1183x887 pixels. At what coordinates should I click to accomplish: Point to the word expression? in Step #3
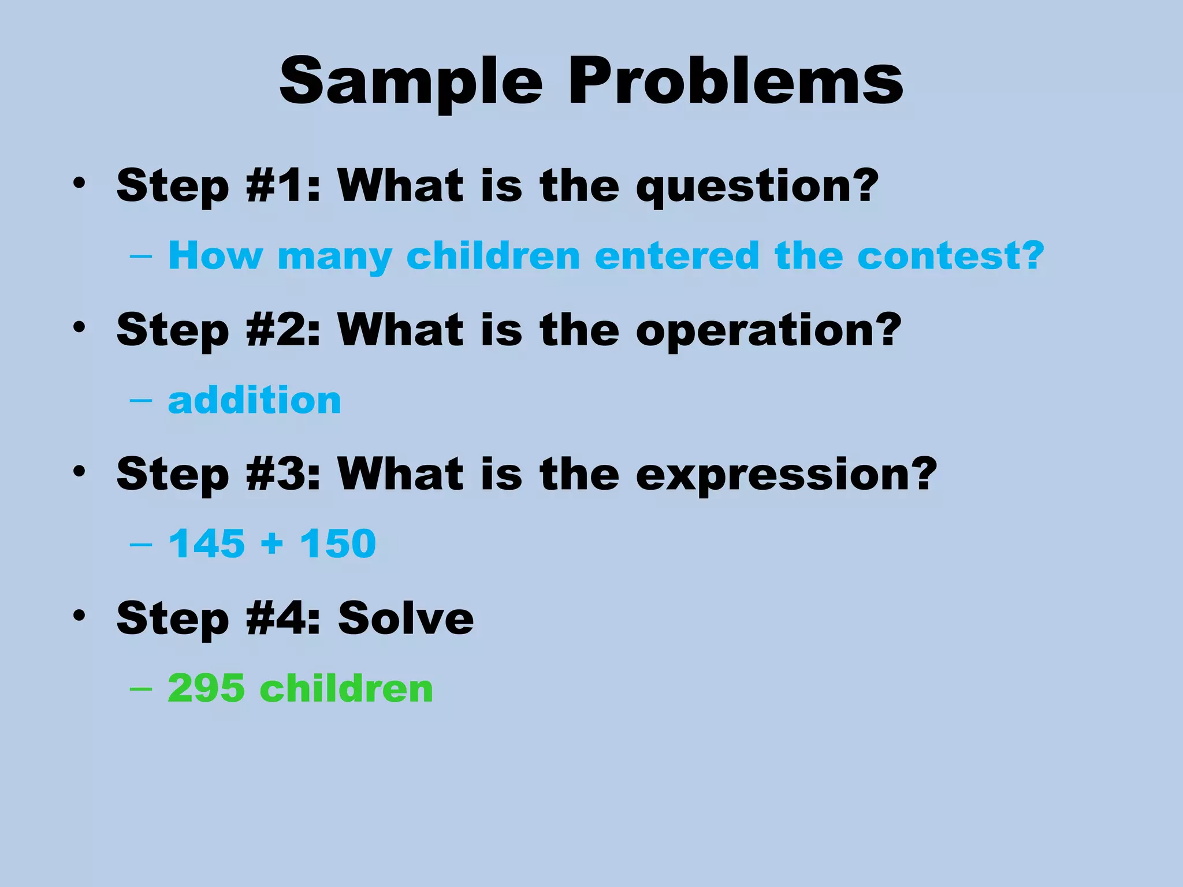coord(786,475)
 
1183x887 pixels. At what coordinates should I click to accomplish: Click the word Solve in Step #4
coord(406,618)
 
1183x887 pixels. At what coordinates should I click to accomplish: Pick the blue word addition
coord(255,400)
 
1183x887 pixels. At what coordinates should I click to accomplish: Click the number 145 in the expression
coord(207,544)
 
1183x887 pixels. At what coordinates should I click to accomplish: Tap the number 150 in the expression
coord(338,544)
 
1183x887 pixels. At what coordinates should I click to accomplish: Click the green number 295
coord(206,688)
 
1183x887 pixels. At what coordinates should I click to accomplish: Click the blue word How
coord(215,255)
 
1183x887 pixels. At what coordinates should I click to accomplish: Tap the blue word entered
coord(676,255)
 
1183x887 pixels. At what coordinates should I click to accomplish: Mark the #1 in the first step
coord(276,186)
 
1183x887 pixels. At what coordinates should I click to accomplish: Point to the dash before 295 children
coord(141,689)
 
